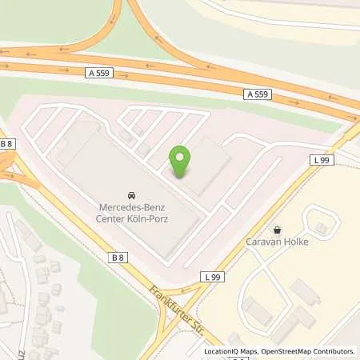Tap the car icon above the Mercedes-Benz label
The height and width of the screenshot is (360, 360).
(x=130, y=195)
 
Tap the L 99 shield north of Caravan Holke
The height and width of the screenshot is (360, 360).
(x=321, y=160)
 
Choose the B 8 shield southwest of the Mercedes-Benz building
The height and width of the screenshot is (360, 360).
(x=118, y=257)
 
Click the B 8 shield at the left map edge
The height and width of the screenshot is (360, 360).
(x=6, y=144)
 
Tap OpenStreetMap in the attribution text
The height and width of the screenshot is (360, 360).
(x=284, y=351)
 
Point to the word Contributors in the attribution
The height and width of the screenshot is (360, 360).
(x=334, y=351)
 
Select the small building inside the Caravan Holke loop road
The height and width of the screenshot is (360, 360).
(x=321, y=229)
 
